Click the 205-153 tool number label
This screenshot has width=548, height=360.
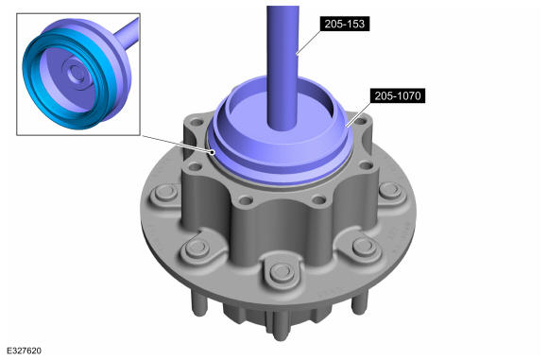coord(345,24)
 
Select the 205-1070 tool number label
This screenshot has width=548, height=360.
coord(398,95)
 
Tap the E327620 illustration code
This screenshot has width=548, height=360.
coord(24,351)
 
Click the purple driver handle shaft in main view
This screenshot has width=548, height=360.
coord(283,66)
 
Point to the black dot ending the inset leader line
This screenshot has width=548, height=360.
coord(213,152)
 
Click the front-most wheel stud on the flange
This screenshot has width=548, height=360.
coord(283,272)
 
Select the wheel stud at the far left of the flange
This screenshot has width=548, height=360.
coord(166,193)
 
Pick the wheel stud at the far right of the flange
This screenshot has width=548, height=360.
coord(390,191)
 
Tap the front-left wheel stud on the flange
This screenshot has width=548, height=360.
coord(197,248)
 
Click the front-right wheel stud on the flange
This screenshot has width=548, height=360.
coord(364,247)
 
